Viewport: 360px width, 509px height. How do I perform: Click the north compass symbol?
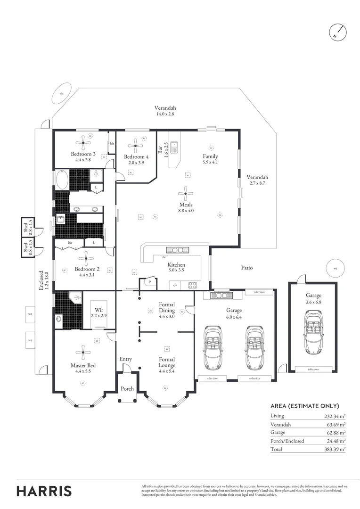tap(337, 33)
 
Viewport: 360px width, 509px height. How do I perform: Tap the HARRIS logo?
tap(44, 491)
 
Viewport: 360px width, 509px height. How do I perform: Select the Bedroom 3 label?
tap(83, 154)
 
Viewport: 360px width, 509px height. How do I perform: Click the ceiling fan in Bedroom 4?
tap(137, 142)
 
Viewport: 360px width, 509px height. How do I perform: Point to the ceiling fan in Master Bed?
tap(83, 350)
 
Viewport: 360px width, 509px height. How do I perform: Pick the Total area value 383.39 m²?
tap(335, 450)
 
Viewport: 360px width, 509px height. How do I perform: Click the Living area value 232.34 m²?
tap(335, 416)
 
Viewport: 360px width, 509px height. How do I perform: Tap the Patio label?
tap(247, 268)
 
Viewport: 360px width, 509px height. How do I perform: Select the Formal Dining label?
tap(167, 307)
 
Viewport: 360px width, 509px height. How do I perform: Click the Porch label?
tap(127, 389)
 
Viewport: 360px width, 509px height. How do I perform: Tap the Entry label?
tap(125, 359)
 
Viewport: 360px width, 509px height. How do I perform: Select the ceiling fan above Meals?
tap(186, 191)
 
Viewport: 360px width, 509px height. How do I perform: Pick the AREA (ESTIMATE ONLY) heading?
tap(304, 406)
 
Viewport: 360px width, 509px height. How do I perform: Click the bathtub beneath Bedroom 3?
tap(62, 180)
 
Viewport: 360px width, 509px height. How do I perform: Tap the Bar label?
tap(160, 149)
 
